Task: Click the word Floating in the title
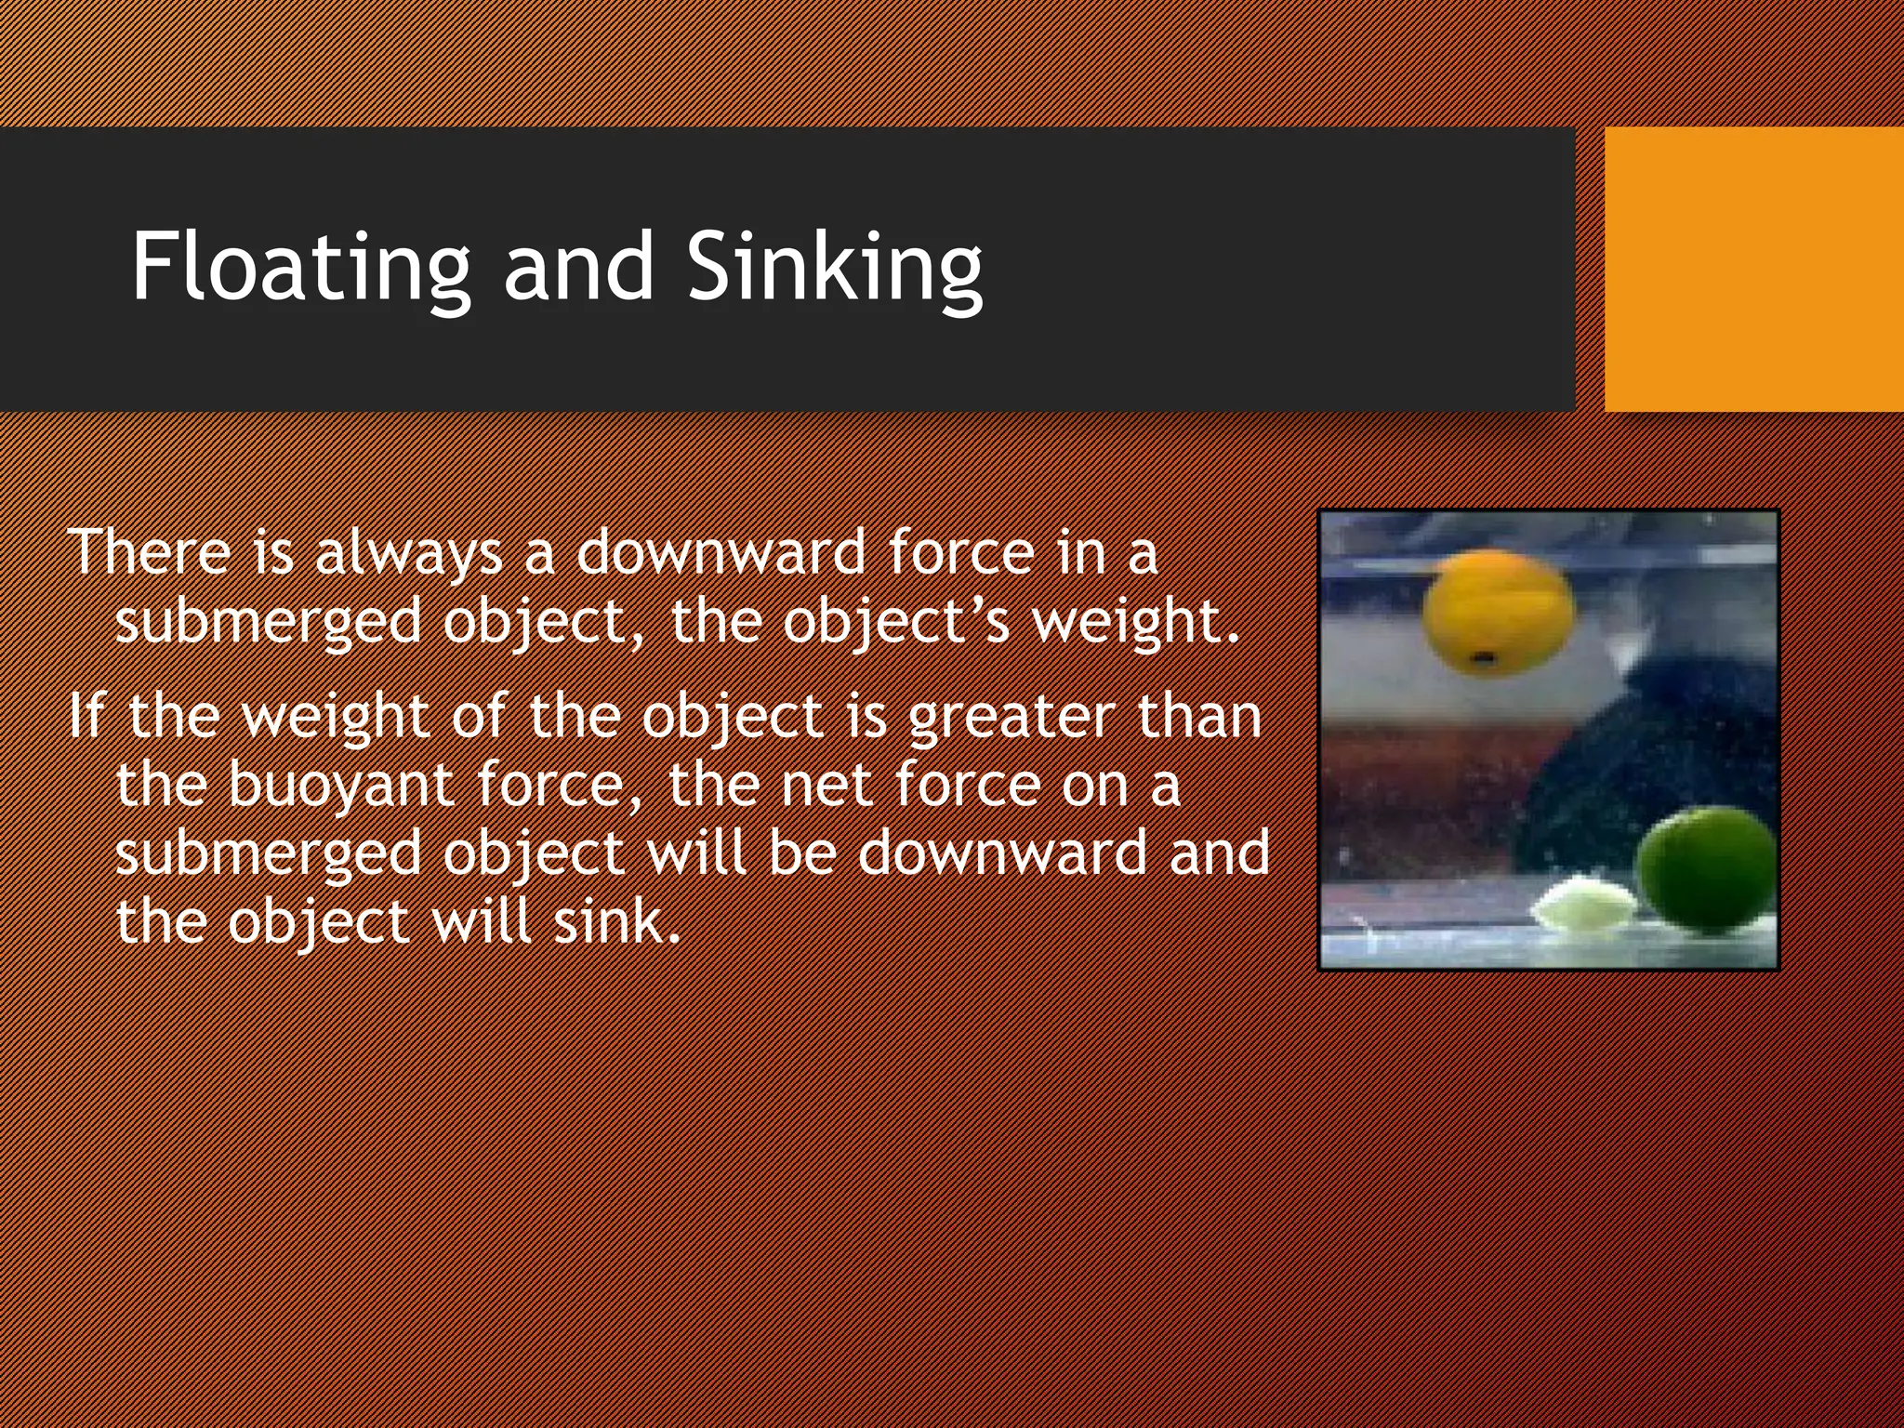(300, 268)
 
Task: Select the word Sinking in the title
(834, 268)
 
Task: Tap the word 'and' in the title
(578, 268)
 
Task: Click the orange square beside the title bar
(1753, 270)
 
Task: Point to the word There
(148, 552)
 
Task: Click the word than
(1199, 716)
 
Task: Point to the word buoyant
(340, 787)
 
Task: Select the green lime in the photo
(1706, 870)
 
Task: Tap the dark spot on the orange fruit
(1484, 659)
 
